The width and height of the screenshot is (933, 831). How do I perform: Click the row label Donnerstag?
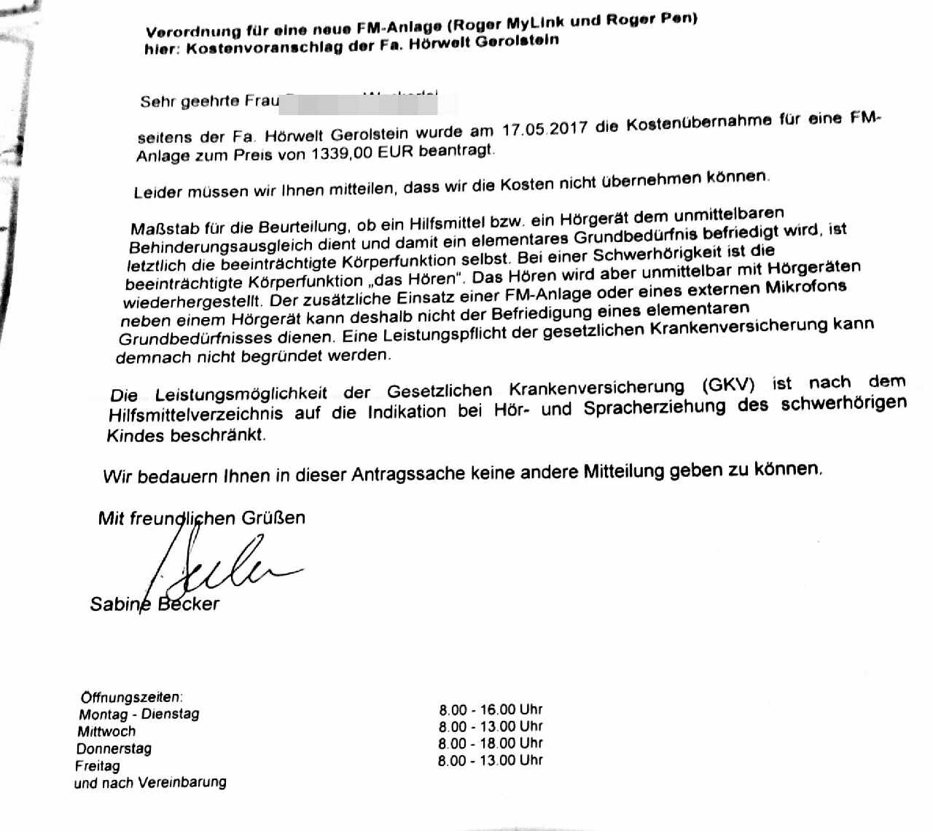pyautogui.click(x=114, y=749)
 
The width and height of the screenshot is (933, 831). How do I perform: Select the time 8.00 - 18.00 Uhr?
pyautogui.click(x=490, y=744)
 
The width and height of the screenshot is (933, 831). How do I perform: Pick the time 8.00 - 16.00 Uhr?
pyautogui.click(x=491, y=709)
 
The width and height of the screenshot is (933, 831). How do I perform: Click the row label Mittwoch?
pyautogui.click(x=106, y=731)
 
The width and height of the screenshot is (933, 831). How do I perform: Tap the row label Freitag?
pyautogui.click(x=98, y=766)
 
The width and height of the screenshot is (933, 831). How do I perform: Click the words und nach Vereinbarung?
pyautogui.click(x=150, y=783)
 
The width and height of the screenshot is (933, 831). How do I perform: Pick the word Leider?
pyautogui.click(x=157, y=192)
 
